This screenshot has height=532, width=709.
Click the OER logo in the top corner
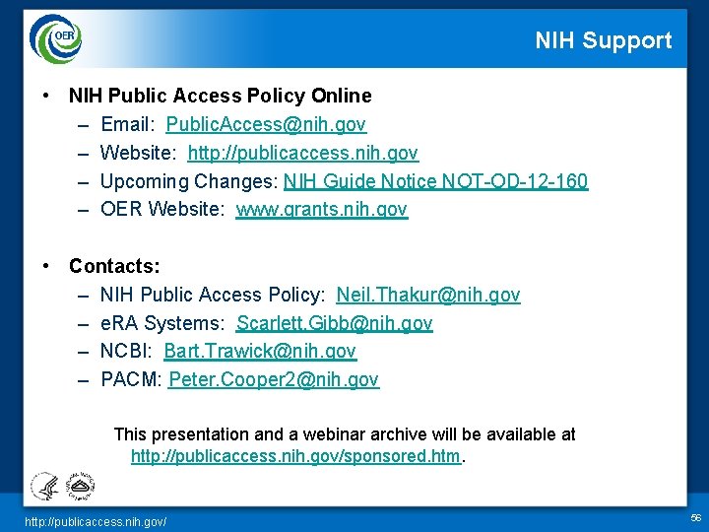56,38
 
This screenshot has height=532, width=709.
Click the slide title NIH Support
603,40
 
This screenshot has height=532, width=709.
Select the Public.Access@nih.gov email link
266,125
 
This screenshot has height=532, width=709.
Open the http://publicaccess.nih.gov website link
302,154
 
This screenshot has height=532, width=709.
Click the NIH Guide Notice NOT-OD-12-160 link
435,181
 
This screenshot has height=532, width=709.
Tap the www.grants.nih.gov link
321,210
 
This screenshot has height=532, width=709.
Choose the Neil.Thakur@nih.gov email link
428,295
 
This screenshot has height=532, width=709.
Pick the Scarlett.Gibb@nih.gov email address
334,323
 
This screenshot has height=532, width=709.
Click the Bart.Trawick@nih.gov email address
260,352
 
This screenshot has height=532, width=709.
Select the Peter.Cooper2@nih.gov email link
273,379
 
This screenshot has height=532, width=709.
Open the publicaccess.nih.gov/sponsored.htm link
295,457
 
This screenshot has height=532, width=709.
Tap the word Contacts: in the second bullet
114,266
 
